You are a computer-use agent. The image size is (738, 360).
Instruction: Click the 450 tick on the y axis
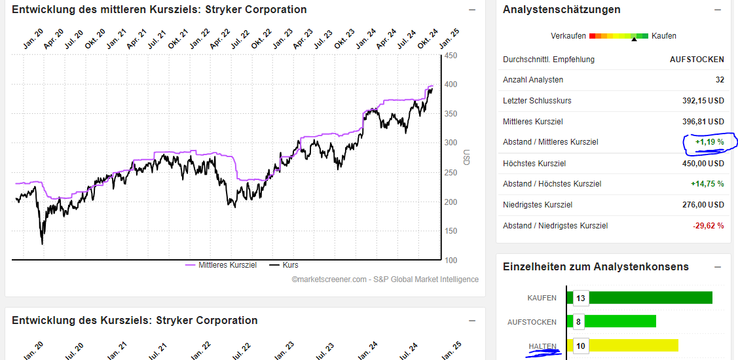coord(451,56)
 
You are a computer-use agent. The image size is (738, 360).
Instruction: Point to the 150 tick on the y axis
coord(451,231)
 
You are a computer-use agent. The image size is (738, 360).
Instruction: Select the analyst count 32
coord(720,80)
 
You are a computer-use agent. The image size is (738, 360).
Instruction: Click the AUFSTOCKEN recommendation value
coord(697,60)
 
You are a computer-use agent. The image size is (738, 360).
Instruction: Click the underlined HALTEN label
coord(542,346)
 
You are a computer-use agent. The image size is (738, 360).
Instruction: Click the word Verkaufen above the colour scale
coord(568,36)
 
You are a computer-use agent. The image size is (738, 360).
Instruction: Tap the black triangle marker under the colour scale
coord(633,40)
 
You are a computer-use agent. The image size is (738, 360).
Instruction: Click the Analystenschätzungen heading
coord(561,10)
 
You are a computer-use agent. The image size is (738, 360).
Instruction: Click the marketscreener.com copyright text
coord(385,279)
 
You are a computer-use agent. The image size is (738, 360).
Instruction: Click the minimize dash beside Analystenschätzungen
coord(717,10)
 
